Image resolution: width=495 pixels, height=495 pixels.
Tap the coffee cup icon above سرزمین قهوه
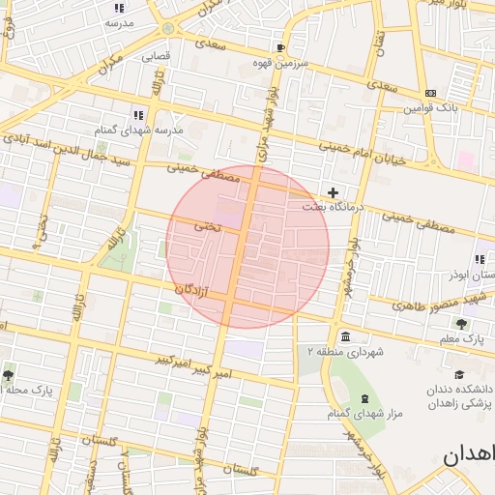pyautogui.click(x=280, y=47)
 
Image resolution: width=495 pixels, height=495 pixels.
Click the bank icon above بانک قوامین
pyautogui.click(x=430, y=94)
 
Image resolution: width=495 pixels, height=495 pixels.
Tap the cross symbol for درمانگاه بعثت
pyautogui.click(x=334, y=193)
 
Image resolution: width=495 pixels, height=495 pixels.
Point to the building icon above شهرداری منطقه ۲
pyautogui.click(x=346, y=336)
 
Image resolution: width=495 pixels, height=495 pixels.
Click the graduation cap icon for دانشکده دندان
pyautogui.click(x=460, y=375)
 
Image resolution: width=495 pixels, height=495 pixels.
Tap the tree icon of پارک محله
pyautogui.click(x=9, y=374)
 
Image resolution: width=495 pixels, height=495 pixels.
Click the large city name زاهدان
pyautogui.click(x=471, y=455)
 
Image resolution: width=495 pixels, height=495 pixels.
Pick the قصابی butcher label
pyautogui.click(x=157, y=56)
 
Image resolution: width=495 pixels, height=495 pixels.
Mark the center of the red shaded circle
pyautogui.click(x=247, y=247)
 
